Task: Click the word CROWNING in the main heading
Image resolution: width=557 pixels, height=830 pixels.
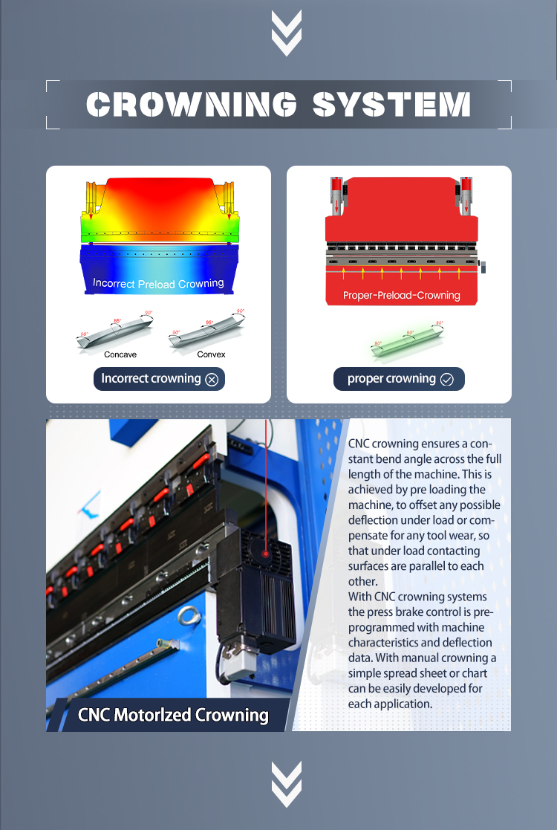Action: click(x=192, y=105)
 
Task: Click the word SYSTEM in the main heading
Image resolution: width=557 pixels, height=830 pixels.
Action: click(x=391, y=105)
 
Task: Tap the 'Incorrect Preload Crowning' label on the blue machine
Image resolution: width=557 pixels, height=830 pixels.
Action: click(x=158, y=283)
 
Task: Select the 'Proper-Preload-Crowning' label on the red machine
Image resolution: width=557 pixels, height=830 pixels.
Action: click(x=401, y=295)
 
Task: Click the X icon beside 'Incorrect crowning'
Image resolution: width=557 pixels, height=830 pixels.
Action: click(x=212, y=380)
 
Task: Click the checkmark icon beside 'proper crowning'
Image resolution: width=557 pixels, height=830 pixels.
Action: click(x=446, y=380)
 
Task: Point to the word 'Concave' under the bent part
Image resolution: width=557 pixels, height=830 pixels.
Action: click(x=120, y=354)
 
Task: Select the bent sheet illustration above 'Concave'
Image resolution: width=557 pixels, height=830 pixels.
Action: click(x=115, y=331)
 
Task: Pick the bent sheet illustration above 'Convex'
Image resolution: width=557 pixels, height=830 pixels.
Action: click(x=207, y=331)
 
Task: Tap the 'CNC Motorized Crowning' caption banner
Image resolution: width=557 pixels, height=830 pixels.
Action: click(x=172, y=715)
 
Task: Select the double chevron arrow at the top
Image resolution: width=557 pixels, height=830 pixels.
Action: click(x=286, y=34)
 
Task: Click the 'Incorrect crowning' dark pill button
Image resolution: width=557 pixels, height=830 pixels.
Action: click(x=159, y=379)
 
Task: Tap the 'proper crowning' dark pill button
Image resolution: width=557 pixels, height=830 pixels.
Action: click(x=399, y=379)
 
